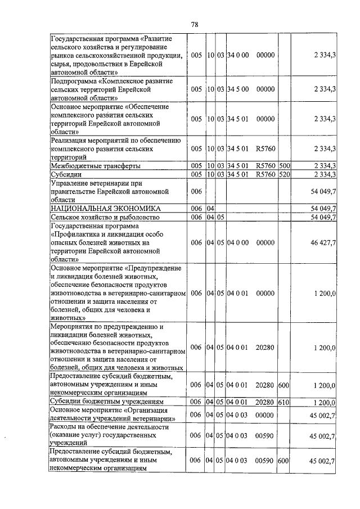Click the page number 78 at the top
(x=195, y=25)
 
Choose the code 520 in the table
(x=284, y=174)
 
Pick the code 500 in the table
(x=284, y=166)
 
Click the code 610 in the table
(x=284, y=403)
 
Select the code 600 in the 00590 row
(x=284, y=461)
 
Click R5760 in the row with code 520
(x=264, y=174)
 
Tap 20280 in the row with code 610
(x=264, y=403)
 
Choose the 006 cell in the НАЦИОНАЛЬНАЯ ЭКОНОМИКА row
(x=196, y=208)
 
